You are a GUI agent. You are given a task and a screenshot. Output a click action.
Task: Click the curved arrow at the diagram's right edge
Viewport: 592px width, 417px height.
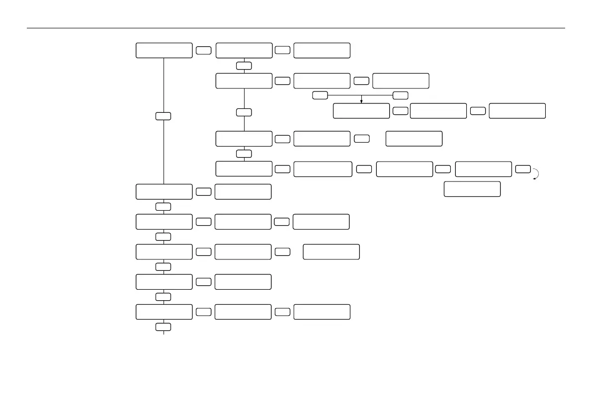tap(536, 173)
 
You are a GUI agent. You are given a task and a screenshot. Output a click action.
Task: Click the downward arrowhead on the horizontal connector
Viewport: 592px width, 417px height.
tap(361, 101)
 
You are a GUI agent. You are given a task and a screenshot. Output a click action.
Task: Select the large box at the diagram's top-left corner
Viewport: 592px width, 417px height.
tap(164, 50)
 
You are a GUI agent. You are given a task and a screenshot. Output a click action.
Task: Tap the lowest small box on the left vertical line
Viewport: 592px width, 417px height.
tap(164, 327)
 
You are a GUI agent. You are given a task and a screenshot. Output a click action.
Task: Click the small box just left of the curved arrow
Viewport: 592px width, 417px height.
tap(523, 169)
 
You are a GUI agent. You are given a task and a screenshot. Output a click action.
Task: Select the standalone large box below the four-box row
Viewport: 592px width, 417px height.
tap(472, 189)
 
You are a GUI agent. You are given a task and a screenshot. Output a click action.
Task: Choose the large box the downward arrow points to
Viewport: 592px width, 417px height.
tap(361, 111)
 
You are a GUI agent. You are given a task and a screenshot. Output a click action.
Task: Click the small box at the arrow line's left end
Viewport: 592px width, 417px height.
tap(320, 95)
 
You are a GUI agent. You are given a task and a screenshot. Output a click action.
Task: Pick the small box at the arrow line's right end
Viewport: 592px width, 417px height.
tap(400, 95)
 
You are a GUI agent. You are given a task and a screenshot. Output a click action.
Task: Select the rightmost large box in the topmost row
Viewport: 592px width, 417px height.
tap(322, 50)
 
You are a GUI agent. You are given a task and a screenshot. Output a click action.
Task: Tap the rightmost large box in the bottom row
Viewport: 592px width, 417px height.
tap(322, 312)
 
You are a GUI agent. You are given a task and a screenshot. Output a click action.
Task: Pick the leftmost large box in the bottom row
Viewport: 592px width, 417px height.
tap(164, 312)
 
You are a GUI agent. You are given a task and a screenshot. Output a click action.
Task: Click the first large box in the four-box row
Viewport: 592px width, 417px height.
tap(244, 168)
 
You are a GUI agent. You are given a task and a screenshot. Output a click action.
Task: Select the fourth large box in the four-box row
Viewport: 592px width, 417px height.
tap(483, 169)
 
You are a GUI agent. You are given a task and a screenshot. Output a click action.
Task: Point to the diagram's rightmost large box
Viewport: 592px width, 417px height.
tap(517, 111)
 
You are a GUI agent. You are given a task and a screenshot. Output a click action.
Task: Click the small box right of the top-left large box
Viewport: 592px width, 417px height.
tap(203, 50)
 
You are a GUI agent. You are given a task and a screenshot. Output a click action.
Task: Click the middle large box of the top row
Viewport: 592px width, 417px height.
tap(244, 50)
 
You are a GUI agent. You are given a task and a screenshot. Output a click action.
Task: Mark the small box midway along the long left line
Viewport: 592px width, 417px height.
tap(163, 116)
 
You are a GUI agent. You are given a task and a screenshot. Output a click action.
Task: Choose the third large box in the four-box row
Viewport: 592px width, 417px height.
tap(404, 169)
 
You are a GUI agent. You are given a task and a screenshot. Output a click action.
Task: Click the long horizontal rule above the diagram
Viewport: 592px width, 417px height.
tap(296, 28)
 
